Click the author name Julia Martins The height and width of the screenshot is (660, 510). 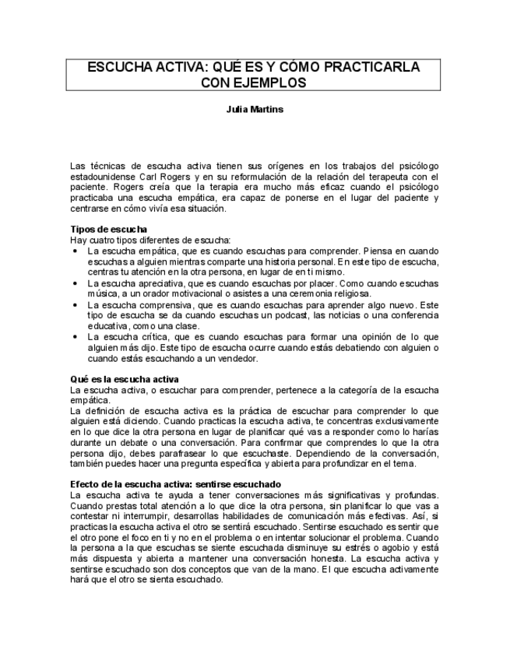(255, 110)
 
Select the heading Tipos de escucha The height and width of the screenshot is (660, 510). (104, 230)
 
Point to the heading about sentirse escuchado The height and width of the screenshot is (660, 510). (175, 484)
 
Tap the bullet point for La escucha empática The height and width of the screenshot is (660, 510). (75, 251)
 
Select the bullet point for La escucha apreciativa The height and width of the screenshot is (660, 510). (75, 283)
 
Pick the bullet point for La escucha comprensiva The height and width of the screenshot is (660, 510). (75, 305)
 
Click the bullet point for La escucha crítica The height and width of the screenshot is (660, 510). (75, 337)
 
